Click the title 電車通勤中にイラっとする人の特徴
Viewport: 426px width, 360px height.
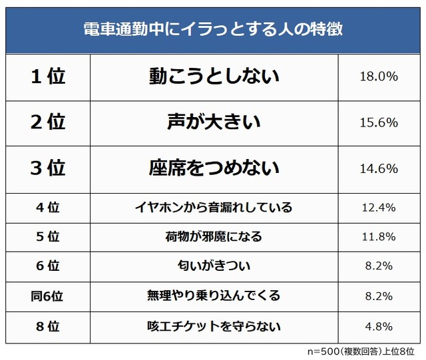[213, 30]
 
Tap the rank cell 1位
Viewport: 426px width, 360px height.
[48, 77]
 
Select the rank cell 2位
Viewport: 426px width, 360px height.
[48, 122]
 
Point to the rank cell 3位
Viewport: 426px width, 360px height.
[48, 168]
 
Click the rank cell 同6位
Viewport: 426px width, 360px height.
[48, 296]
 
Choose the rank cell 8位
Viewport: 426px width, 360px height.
[48, 326]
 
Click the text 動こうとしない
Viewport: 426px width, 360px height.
[214, 77]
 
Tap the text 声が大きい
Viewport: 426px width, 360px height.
[214, 122]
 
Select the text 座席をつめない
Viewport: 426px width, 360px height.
[214, 168]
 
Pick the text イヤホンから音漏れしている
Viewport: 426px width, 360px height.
[214, 207]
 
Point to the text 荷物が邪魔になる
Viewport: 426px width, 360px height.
[214, 237]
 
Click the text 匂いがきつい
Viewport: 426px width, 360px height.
[214, 266]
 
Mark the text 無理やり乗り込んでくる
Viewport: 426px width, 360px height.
[214, 296]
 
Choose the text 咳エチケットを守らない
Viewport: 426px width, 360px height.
[214, 326]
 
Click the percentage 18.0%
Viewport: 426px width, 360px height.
[378, 77]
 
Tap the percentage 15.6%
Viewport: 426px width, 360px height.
[378, 122]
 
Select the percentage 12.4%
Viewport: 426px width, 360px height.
[378, 207]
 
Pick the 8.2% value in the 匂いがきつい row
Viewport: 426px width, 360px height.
[378, 266]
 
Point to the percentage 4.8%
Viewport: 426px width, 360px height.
[378, 326]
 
